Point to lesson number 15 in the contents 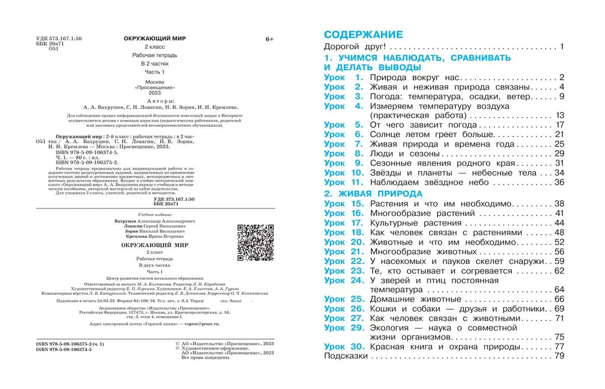(357, 204)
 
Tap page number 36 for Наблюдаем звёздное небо (558, 182)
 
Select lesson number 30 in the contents (357, 347)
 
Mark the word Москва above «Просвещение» (154, 81)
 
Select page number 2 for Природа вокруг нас (561, 77)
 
